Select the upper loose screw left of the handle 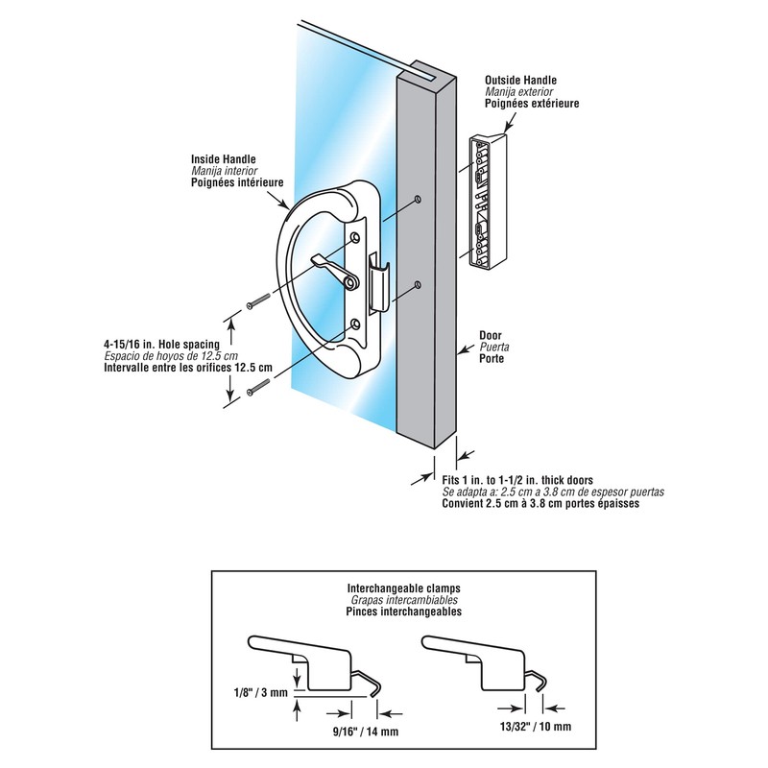click(256, 302)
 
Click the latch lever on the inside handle click(329, 265)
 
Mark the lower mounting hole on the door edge click(420, 285)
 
